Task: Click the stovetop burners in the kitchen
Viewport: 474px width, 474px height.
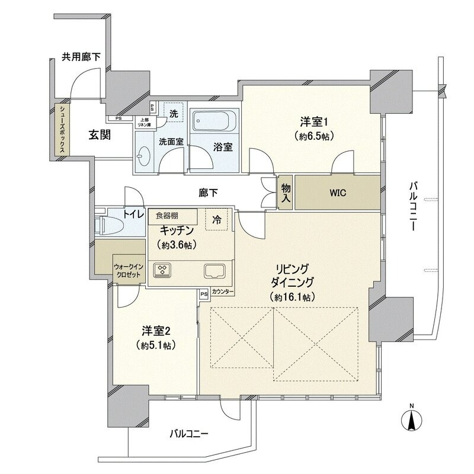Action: coord(162,270)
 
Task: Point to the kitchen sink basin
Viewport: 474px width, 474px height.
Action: coord(214,271)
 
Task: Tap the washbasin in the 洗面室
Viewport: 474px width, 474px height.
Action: coord(143,156)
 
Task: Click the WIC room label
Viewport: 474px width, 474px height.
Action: coord(338,193)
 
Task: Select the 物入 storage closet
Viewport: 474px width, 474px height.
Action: coord(286,192)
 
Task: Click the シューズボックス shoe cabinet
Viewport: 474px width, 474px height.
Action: coord(62,129)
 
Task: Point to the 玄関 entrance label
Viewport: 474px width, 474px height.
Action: coord(100,135)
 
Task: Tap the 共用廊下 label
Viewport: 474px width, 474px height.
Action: coord(81,57)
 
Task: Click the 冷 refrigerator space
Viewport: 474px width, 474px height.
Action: coord(216,219)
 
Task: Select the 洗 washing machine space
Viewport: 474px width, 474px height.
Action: coord(174,112)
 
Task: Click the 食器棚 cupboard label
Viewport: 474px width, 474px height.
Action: coord(167,216)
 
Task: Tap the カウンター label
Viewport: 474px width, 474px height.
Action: coord(223,292)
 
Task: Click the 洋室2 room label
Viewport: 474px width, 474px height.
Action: coord(156,331)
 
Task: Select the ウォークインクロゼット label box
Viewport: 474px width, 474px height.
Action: coord(129,270)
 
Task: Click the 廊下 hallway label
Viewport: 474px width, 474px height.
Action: coord(208,193)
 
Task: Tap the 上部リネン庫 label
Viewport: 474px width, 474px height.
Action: coord(144,122)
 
